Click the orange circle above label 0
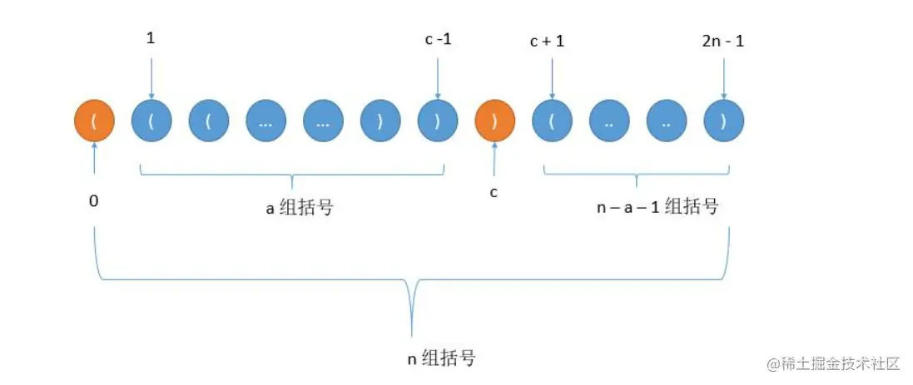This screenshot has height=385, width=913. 94,121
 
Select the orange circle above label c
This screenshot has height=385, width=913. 494,121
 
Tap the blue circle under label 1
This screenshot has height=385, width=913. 151,121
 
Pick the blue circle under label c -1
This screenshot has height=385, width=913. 438,121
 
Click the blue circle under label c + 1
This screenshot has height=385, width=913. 552,121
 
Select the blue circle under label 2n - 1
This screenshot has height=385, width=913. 723,121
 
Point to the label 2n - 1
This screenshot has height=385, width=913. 722,40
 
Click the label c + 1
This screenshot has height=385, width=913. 547,40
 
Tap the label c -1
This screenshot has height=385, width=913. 437,40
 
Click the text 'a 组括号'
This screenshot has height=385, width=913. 300,207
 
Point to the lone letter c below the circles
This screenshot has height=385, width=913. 494,192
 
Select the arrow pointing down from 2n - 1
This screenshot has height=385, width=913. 723,79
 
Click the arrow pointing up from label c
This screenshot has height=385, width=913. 494,156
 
